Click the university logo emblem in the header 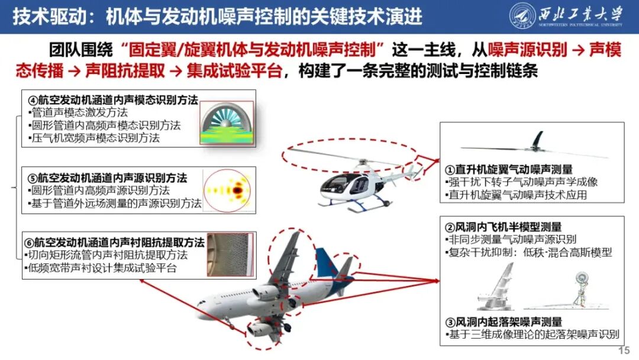click(x=522, y=16)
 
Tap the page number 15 click(x=624, y=351)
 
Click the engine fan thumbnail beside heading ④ click(x=227, y=123)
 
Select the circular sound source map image click(x=227, y=191)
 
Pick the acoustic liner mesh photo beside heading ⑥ click(x=231, y=255)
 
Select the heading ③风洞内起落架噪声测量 click(x=504, y=322)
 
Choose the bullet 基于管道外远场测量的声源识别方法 click(x=115, y=203)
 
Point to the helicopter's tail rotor click(x=414, y=172)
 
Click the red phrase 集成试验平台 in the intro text click(x=234, y=71)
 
